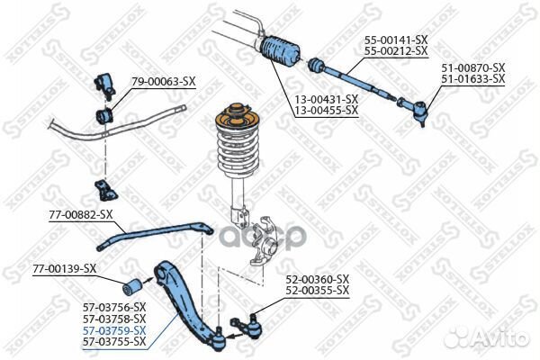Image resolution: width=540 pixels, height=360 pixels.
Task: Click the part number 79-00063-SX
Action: pos(163,81)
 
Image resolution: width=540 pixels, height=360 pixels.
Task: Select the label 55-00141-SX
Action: pos(396,40)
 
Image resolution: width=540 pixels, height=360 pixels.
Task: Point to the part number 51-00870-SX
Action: pos(472,68)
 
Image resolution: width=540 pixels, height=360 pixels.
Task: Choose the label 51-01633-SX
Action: pos(472,78)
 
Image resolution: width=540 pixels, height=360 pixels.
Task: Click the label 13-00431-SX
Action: pos(327,99)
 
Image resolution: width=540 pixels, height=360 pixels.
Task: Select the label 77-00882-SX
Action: pos(81,214)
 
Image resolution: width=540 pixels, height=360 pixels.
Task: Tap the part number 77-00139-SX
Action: pos(64,268)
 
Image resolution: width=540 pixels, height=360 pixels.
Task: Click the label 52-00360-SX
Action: pos(317,280)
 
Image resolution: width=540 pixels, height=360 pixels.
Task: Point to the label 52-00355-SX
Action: pos(317,290)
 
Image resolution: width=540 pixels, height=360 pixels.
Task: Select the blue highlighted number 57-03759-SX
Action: pos(113,330)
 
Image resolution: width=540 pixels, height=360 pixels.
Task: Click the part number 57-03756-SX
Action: pos(113,307)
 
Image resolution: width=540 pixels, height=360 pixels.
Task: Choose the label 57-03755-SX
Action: pos(113,342)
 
